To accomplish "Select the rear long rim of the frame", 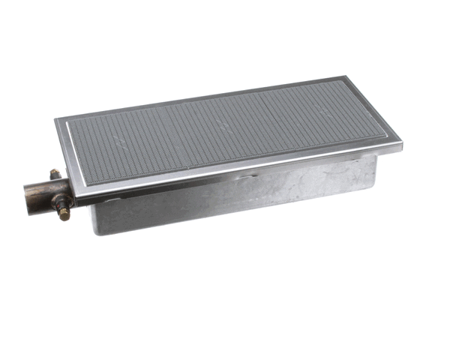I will click(x=202, y=97).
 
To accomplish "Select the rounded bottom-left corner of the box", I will click(x=95, y=229).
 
